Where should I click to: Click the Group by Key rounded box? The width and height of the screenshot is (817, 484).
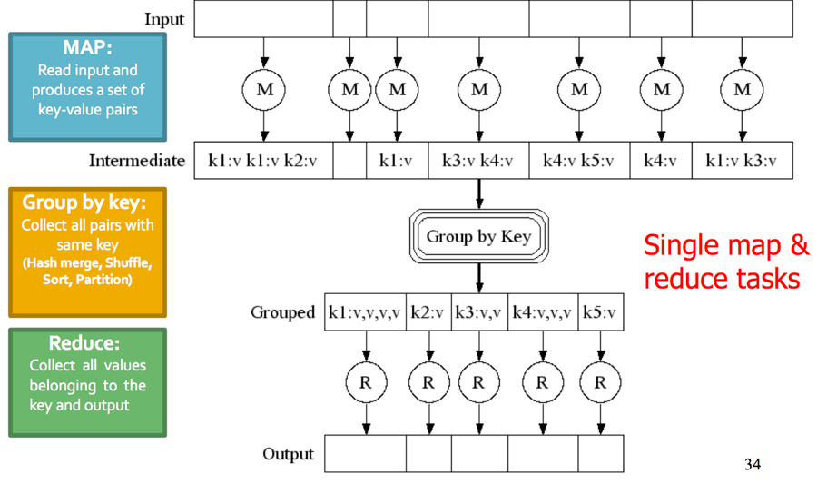[478, 237]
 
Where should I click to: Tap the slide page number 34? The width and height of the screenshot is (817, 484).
[753, 465]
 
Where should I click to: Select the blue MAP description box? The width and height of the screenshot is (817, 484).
[88, 87]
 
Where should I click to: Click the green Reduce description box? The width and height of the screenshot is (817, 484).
[88, 382]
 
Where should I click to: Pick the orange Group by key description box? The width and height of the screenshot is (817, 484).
[88, 252]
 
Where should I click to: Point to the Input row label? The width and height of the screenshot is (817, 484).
[164, 19]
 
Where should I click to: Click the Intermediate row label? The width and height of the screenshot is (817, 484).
[137, 161]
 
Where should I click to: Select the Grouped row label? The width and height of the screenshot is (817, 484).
[282, 312]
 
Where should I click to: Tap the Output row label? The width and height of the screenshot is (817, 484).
[288, 454]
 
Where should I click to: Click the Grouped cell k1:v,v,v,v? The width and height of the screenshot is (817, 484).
[365, 312]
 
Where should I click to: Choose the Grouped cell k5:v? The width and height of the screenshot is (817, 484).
[600, 312]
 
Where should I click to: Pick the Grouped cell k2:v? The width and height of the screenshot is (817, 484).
[428, 312]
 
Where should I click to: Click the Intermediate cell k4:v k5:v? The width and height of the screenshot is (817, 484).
[579, 161]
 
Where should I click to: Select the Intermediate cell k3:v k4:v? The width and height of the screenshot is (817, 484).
[478, 161]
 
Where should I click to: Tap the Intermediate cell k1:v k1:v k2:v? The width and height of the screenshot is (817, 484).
[263, 161]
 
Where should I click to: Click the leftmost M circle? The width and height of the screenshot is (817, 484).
[264, 89]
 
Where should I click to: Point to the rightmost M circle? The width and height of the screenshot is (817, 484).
[742, 89]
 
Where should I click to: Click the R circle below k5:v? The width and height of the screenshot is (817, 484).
[600, 382]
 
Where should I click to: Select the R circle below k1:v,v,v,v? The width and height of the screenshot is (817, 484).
[366, 382]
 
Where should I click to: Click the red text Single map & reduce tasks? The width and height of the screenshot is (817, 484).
[726, 262]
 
